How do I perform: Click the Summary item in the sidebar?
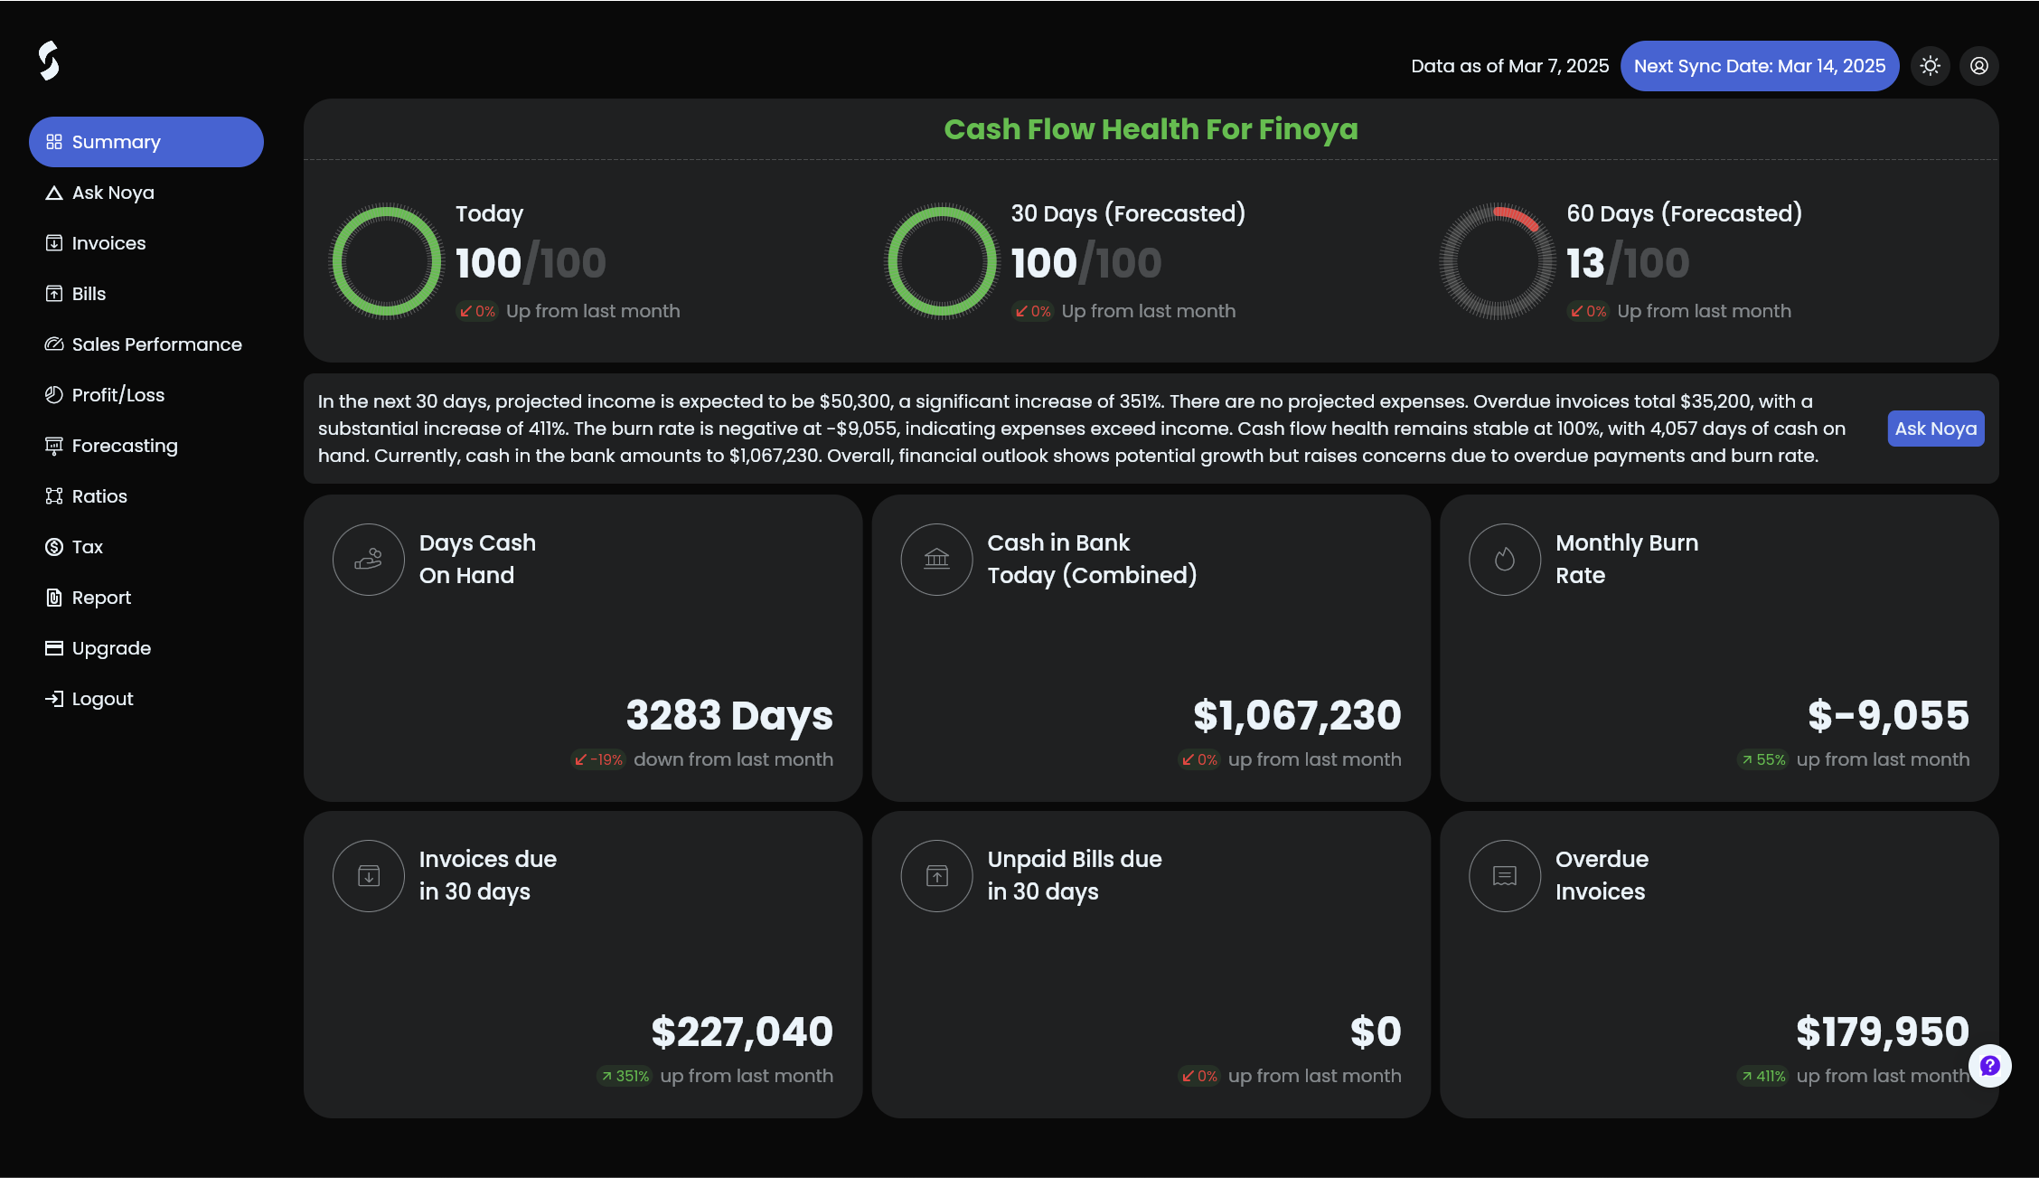pyautogui.click(x=146, y=142)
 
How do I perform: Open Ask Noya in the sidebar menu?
pyautogui.click(x=100, y=193)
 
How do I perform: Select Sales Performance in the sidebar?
pyautogui.click(x=144, y=344)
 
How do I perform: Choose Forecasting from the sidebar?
pyautogui.click(x=111, y=446)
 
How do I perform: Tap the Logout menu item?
pyautogui.click(x=89, y=699)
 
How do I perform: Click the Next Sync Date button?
pyautogui.click(x=1760, y=66)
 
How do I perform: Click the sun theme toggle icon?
pyautogui.click(x=1931, y=66)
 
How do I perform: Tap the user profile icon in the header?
pyautogui.click(x=1979, y=66)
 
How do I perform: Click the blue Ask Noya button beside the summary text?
pyautogui.click(x=1936, y=429)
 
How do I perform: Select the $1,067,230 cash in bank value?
pyautogui.click(x=1297, y=715)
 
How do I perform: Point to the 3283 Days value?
pyautogui.click(x=729, y=715)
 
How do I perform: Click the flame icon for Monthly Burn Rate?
pyautogui.click(x=1505, y=560)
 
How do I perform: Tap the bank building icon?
pyautogui.click(x=936, y=560)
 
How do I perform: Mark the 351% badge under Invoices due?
pyautogui.click(x=625, y=1076)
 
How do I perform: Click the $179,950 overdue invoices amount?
pyautogui.click(x=1883, y=1032)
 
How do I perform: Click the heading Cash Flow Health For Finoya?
pyautogui.click(x=1151, y=129)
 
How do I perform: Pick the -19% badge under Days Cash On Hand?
pyautogui.click(x=598, y=759)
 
